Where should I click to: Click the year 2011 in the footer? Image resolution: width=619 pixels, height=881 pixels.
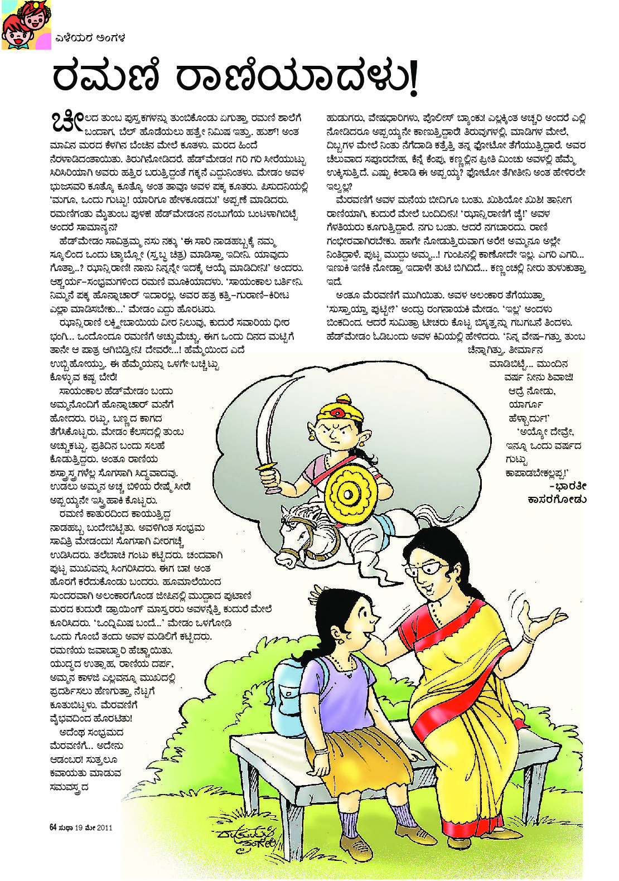pyautogui.click(x=104, y=827)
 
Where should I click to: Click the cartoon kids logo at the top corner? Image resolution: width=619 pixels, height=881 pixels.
pyautogui.click(x=26, y=25)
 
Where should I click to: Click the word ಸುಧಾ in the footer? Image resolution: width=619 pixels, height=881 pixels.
pyautogui.click(x=66, y=827)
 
